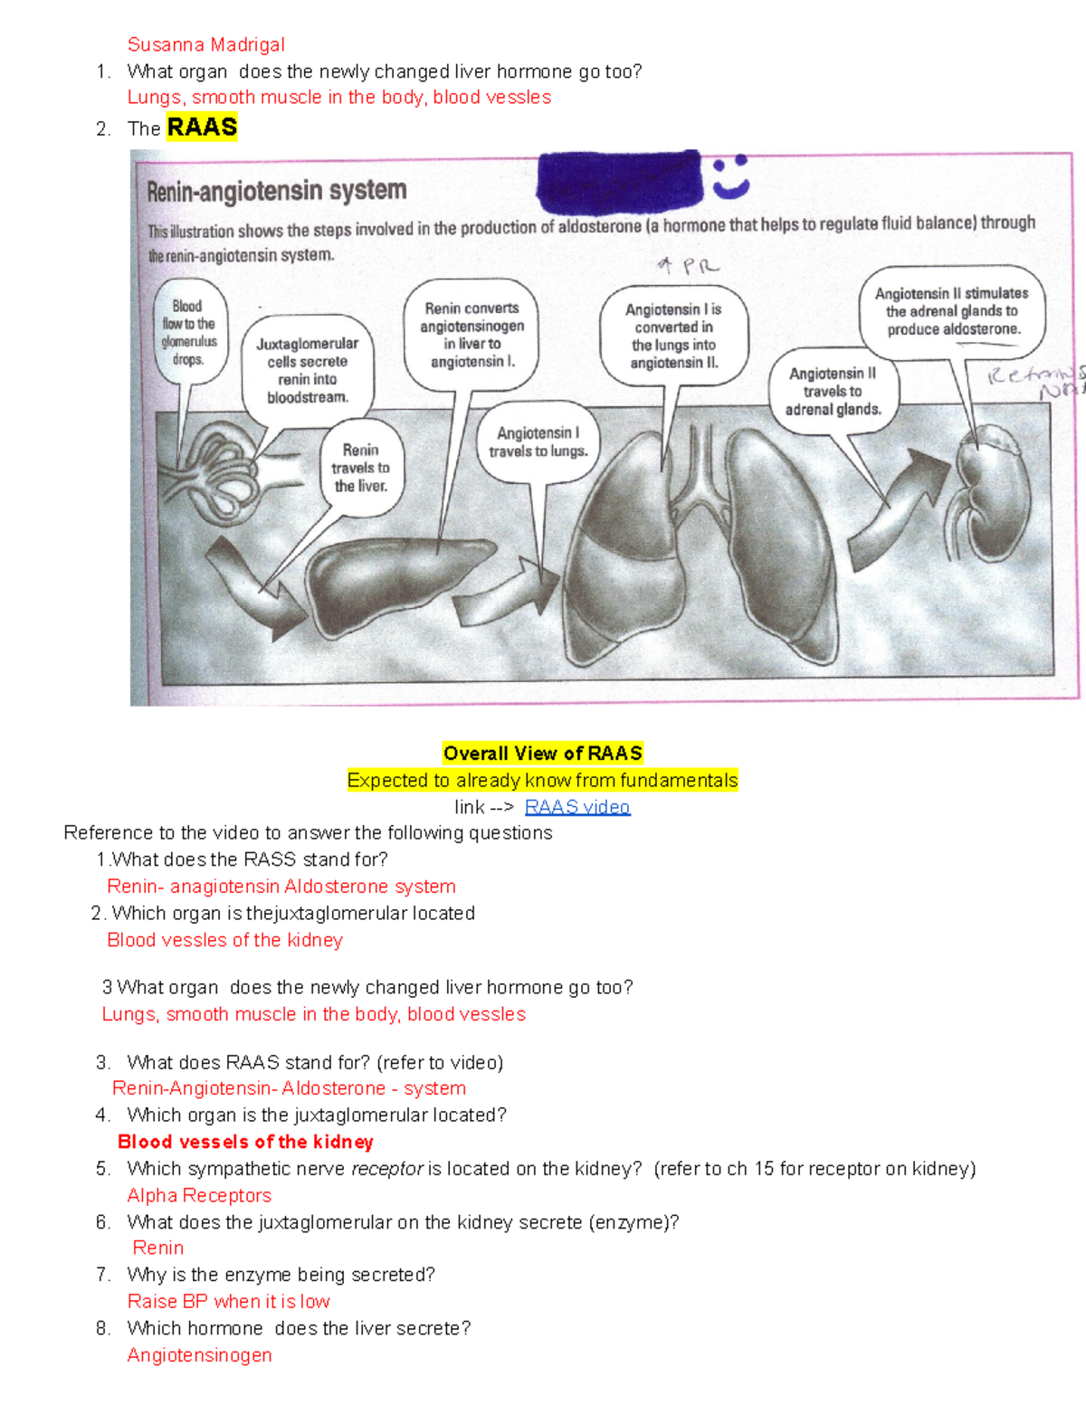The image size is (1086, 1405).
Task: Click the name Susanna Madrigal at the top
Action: coord(205,44)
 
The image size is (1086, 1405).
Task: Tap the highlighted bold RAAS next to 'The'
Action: coord(202,128)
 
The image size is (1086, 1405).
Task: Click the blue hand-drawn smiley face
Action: coord(731,176)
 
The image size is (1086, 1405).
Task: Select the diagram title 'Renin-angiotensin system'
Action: coord(276,191)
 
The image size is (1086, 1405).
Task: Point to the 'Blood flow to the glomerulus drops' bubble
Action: coord(188,333)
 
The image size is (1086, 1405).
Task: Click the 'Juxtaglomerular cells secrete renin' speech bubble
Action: coord(307,370)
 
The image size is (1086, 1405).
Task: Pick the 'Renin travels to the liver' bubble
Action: coord(360,468)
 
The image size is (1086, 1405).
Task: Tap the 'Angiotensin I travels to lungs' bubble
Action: coord(538,441)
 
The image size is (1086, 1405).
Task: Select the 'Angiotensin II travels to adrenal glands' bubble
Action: coord(833,391)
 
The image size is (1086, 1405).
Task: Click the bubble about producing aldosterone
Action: coord(952,311)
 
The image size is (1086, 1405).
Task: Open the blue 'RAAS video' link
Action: coord(576,807)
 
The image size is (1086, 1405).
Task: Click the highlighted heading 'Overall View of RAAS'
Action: coord(542,754)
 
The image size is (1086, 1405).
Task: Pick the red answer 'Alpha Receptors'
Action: coord(199,1195)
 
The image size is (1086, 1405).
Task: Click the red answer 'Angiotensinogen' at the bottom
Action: coord(199,1355)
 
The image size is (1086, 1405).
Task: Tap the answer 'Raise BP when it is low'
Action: coord(228,1301)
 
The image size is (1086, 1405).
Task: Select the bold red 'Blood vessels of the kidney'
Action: coord(245,1142)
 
